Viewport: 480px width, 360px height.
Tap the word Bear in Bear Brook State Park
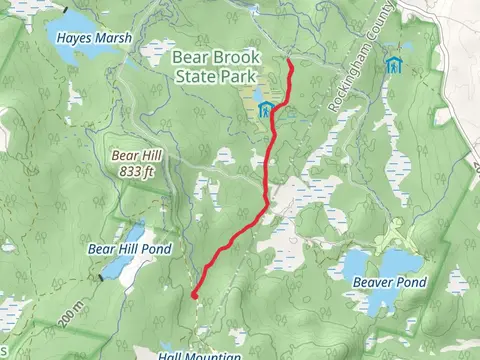[192, 57]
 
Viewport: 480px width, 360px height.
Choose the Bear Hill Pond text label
[130, 248]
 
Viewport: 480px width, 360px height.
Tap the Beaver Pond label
[390, 282]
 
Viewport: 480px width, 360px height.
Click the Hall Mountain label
[200, 355]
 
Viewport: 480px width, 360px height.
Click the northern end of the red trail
[290, 61]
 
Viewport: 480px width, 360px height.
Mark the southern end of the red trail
[193, 295]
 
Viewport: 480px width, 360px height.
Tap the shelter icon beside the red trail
[265, 109]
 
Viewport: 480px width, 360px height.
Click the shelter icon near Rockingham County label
[394, 66]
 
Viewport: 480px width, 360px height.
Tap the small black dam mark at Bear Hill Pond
[101, 277]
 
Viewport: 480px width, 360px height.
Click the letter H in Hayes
[62, 38]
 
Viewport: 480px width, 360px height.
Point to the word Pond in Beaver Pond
[410, 282]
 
